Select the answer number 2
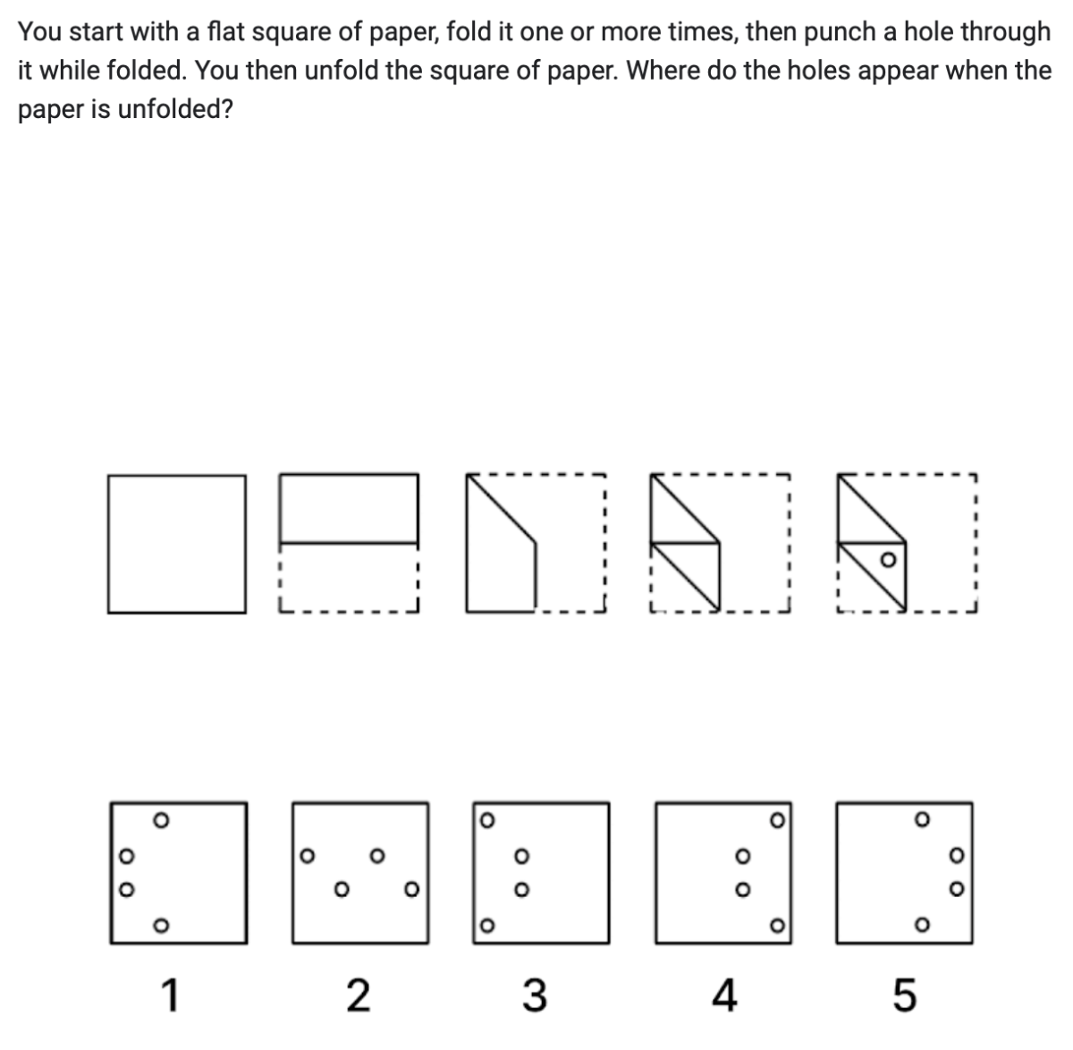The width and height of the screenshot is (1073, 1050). tap(357, 995)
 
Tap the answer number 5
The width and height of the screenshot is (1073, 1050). tap(905, 995)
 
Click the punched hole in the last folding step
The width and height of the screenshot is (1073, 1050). tap(887, 561)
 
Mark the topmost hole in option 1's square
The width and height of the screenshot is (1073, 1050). tap(160, 818)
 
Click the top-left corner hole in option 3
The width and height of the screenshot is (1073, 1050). tap(485, 818)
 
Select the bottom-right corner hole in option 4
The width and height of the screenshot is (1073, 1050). tap(777, 924)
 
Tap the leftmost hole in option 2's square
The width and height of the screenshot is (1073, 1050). tap(306, 855)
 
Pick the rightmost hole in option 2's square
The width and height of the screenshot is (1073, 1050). tap(411, 890)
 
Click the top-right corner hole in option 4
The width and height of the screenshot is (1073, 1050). tap(777, 818)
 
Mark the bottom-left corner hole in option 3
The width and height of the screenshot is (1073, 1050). tap(485, 925)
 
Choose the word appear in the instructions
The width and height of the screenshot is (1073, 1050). tap(895, 71)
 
